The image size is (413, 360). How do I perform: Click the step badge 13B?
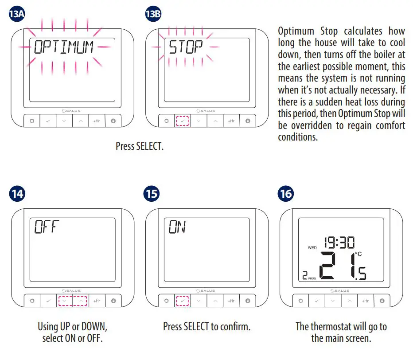click(153, 14)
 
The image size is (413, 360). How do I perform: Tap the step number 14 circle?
click(17, 194)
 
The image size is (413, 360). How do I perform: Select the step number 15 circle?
click(152, 194)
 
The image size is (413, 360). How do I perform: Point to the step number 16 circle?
click(286, 194)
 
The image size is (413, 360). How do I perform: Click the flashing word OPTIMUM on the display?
click(64, 47)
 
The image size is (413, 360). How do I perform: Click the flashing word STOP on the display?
click(186, 47)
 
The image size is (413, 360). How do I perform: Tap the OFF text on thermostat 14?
click(47, 227)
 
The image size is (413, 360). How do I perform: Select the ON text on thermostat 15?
click(177, 227)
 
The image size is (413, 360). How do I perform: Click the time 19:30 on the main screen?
click(339, 242)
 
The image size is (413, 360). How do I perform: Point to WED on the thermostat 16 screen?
click(312, 248)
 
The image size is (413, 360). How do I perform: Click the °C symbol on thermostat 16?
click(358, 254)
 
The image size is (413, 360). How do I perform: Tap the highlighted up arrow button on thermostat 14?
click(81, 301)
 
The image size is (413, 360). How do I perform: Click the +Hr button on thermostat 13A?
click(97, 121)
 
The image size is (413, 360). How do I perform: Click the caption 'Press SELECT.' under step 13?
click(140, 146)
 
